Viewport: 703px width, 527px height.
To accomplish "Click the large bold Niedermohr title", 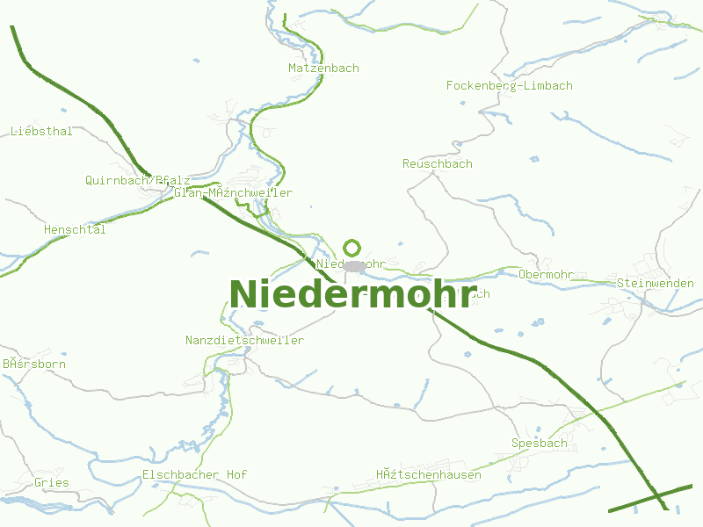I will (352, 294).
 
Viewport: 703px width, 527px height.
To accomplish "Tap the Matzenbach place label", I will (323, 68).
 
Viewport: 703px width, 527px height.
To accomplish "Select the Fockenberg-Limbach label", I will (509, 85).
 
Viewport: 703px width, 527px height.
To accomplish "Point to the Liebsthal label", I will (41, 131).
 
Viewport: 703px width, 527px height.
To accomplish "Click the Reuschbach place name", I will (437, 163).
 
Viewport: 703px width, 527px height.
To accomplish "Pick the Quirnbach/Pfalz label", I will (137, 180).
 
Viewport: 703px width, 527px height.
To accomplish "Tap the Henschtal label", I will (75, 229).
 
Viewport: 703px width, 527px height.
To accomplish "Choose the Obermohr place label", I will (546, 274).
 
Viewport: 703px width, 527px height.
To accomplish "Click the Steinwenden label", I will (655, 283).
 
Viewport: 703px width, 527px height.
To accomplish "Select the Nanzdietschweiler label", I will (244, 340).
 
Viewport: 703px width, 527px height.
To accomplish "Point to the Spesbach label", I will (539, 443).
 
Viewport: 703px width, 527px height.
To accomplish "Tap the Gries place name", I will (51, 482).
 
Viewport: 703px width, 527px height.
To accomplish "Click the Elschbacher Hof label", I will (194, 474).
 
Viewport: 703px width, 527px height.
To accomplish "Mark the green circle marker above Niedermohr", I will (351, 248).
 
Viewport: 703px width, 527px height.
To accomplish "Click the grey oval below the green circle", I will (354, 265).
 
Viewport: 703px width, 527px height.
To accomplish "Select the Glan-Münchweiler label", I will (233, 192).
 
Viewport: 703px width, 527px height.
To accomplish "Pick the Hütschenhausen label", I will (429, 474).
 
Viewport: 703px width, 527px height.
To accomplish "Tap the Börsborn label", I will (33, 363).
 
